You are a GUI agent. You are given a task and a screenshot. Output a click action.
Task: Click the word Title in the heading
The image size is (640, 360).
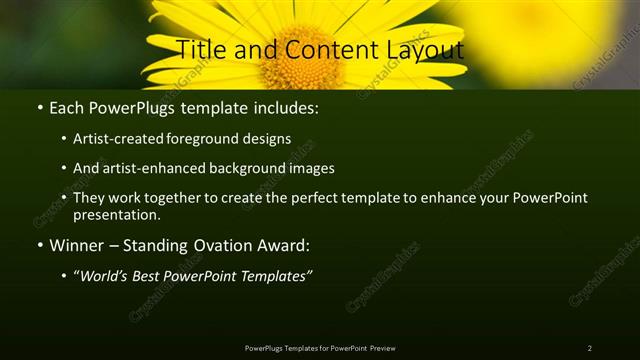coord(201,49)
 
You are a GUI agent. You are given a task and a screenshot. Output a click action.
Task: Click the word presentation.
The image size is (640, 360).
coord(117,214)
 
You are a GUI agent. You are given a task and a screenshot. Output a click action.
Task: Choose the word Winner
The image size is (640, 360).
coord(78,245)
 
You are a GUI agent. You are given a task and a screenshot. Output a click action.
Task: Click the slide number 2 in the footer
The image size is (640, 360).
coord(589,347)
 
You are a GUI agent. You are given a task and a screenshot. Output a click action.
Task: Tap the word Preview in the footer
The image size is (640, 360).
coord(383,347)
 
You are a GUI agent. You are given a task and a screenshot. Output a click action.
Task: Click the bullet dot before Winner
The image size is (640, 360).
coord(39,245)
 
